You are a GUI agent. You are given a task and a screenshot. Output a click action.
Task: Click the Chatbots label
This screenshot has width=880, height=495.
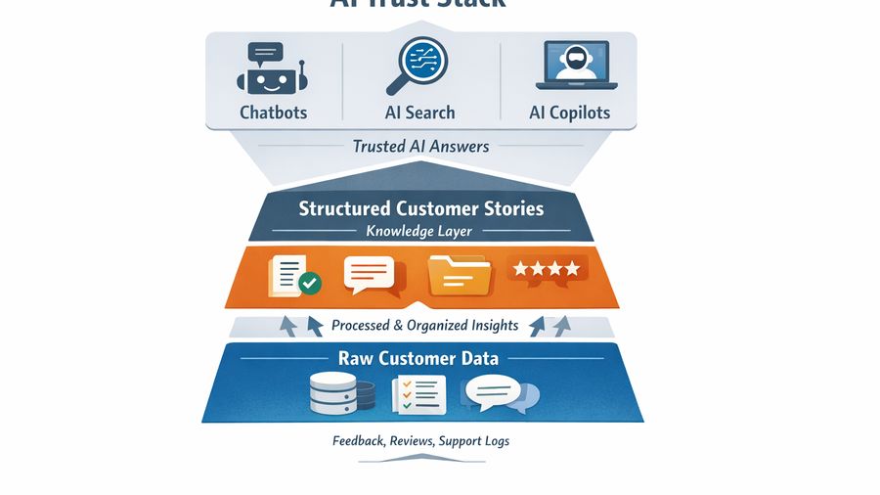point(274,112)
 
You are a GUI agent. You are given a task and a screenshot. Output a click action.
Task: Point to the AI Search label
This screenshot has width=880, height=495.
point(419,112)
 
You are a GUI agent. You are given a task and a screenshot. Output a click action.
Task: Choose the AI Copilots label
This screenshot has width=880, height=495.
point(569,112)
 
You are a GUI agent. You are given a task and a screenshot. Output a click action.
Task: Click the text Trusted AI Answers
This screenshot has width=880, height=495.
point(420,147)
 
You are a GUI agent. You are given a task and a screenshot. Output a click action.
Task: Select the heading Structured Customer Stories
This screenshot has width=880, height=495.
point(420,208)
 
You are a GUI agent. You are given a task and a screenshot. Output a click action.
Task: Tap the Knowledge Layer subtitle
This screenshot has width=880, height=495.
point(419,232)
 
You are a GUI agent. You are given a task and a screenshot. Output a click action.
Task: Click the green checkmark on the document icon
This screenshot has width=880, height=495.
point(310,283)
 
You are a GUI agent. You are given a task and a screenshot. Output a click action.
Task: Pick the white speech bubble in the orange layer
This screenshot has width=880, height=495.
point(370,275)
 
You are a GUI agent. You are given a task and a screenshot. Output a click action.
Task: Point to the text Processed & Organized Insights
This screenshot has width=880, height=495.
point(424,325)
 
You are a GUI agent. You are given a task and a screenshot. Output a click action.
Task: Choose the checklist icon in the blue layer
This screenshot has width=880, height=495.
point(418,393)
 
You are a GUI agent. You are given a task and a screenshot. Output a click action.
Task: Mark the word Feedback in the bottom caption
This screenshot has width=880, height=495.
point(358,441)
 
